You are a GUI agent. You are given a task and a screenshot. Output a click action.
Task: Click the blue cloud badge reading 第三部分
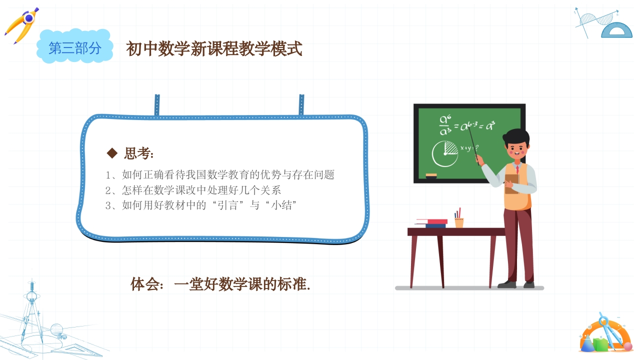click(x=75, y=48)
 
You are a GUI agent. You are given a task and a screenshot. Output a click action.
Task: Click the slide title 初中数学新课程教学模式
click(x=214, y=49)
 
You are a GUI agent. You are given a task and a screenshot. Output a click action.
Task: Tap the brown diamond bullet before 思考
click(x=112, y=152)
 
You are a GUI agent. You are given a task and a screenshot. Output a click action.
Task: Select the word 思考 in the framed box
click(x=138, y=153)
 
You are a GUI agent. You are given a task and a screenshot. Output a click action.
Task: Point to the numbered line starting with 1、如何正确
click(x=220, y=175)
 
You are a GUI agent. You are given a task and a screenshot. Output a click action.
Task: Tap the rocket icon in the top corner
click(x=22, y=25)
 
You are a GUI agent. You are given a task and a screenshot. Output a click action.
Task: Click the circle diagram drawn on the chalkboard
click(x=444, y=154)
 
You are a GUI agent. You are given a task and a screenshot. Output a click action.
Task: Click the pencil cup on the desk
click(x=458, y=221)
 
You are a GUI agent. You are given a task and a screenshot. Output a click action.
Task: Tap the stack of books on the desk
click(x=431, y=223)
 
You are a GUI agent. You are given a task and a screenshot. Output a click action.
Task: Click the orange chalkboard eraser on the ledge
click(x=431, y=175)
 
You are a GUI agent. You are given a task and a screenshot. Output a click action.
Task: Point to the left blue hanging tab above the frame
click(x=157, y=104)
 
